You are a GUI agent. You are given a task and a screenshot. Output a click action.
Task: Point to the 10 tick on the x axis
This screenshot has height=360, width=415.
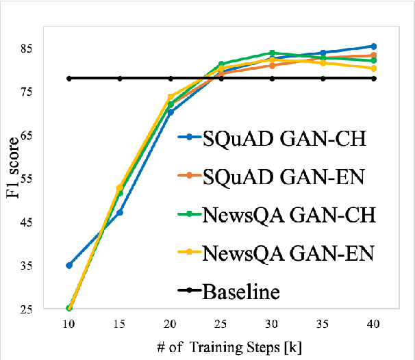pyautogui.click(x=69, y=322)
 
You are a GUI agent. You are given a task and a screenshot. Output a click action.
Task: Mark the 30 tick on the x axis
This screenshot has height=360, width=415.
pyautogui.click(x=272, y=322)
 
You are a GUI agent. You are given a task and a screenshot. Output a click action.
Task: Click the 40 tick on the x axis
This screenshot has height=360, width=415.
pyautogui.click(x=373, y=322)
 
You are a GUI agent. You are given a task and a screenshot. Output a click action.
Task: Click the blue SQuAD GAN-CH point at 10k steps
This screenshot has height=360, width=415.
pyautogui.click(x=69, y=265)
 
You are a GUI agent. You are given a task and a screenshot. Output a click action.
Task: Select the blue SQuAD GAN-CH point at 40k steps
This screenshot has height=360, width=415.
pyautogui.click(x=373, y=47)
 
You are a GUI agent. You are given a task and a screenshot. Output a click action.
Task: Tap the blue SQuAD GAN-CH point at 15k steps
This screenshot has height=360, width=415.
pyautogui.click(x=120, y=212)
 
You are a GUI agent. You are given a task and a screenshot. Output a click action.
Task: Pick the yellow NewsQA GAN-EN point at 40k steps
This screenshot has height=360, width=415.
pyautogui.click(x=373, y=68)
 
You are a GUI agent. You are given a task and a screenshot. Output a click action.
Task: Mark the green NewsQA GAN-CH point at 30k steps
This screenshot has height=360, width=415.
pyautogui.click(x=272, y=53)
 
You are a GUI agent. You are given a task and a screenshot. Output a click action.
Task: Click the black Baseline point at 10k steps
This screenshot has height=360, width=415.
pyautogui.click(x=69, y=78)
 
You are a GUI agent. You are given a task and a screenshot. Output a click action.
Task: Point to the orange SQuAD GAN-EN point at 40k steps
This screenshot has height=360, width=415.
pyautogui.click(x=373, y=55)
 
